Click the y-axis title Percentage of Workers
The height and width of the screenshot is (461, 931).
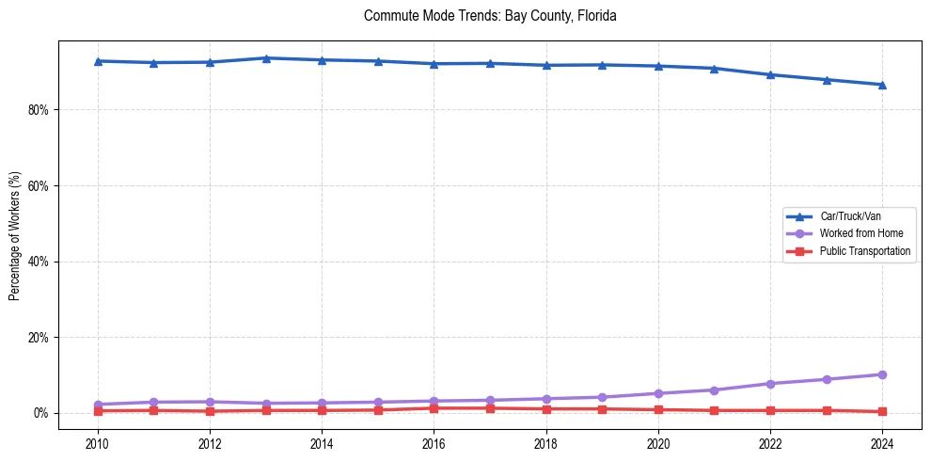coord(14,236)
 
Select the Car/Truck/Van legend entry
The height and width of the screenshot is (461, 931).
coord(850,216)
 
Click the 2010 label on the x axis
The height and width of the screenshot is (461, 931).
coord(98,442)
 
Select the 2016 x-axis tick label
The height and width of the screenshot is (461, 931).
coord(434,442)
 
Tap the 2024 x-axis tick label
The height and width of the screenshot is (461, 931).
coord(882,442)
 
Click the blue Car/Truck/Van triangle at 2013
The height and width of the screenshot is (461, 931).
coord(266,58)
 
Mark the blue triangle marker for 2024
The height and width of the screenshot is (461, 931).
coord(882,85)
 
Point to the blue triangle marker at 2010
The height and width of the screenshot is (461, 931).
coord(98,61)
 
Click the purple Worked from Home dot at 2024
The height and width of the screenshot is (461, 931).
coord(882,374)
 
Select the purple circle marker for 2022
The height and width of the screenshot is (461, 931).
coord(770,384)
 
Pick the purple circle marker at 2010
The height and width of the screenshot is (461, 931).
coord(98,405)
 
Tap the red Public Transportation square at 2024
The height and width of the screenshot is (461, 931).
coord(882,411)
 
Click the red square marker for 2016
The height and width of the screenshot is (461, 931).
coord(434,408)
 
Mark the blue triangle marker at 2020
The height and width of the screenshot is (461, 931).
coord(658,66)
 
